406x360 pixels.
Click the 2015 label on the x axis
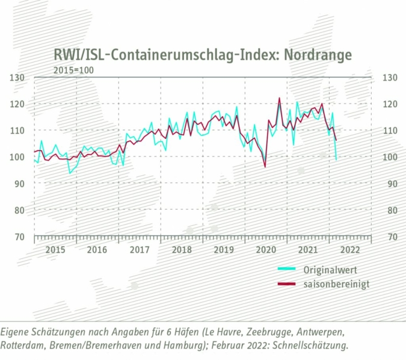[55, 249]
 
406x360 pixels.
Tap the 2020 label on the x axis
[266, 249]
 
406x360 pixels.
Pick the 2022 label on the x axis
[350, 249]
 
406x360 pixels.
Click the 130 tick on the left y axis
[17, 77]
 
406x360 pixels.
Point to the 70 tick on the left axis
[20, 236]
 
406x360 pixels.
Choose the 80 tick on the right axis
[388, 209]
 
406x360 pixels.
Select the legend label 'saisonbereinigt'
[336, 284]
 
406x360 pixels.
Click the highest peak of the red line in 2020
[280, 98]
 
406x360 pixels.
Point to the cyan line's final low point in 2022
[336, 159]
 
